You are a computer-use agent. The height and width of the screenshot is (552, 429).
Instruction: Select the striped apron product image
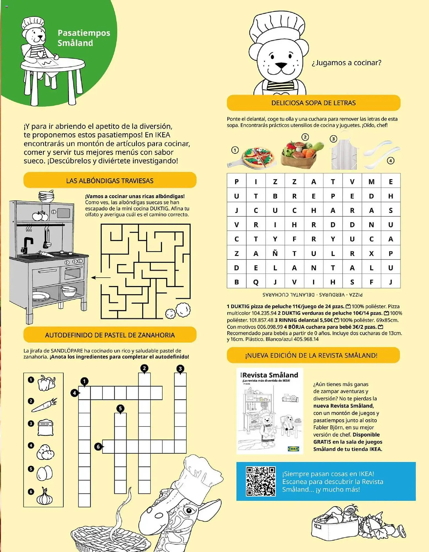(x=344, y=155)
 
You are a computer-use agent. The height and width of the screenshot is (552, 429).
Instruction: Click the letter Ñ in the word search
(x=275, y=253)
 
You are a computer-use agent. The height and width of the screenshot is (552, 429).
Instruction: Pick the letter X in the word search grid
(x=371, y=253)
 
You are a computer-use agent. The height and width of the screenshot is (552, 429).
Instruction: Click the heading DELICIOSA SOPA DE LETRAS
(x=313, y=103)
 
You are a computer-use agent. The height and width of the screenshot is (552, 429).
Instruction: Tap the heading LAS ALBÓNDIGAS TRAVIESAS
(x=110, y=181)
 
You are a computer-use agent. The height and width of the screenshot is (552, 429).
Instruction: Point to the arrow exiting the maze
(x=101, y=277)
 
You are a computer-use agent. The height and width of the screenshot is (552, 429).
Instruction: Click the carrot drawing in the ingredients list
(x=44, y=405)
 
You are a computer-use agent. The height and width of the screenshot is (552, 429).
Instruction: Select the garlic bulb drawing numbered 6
(x=44, y=497)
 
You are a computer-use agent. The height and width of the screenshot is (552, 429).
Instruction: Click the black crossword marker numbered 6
(x=98, y=446)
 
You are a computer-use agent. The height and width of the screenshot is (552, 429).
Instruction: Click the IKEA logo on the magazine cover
(x=293, y=449)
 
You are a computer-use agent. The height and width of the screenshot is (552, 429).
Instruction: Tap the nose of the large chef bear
(x=281, y=65)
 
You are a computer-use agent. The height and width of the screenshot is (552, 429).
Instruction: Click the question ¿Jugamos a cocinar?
(x=346, y=63)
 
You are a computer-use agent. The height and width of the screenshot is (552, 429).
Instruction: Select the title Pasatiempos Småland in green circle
(x=84, y=38)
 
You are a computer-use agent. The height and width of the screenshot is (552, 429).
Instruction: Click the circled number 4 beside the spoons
(x=390, y=161)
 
